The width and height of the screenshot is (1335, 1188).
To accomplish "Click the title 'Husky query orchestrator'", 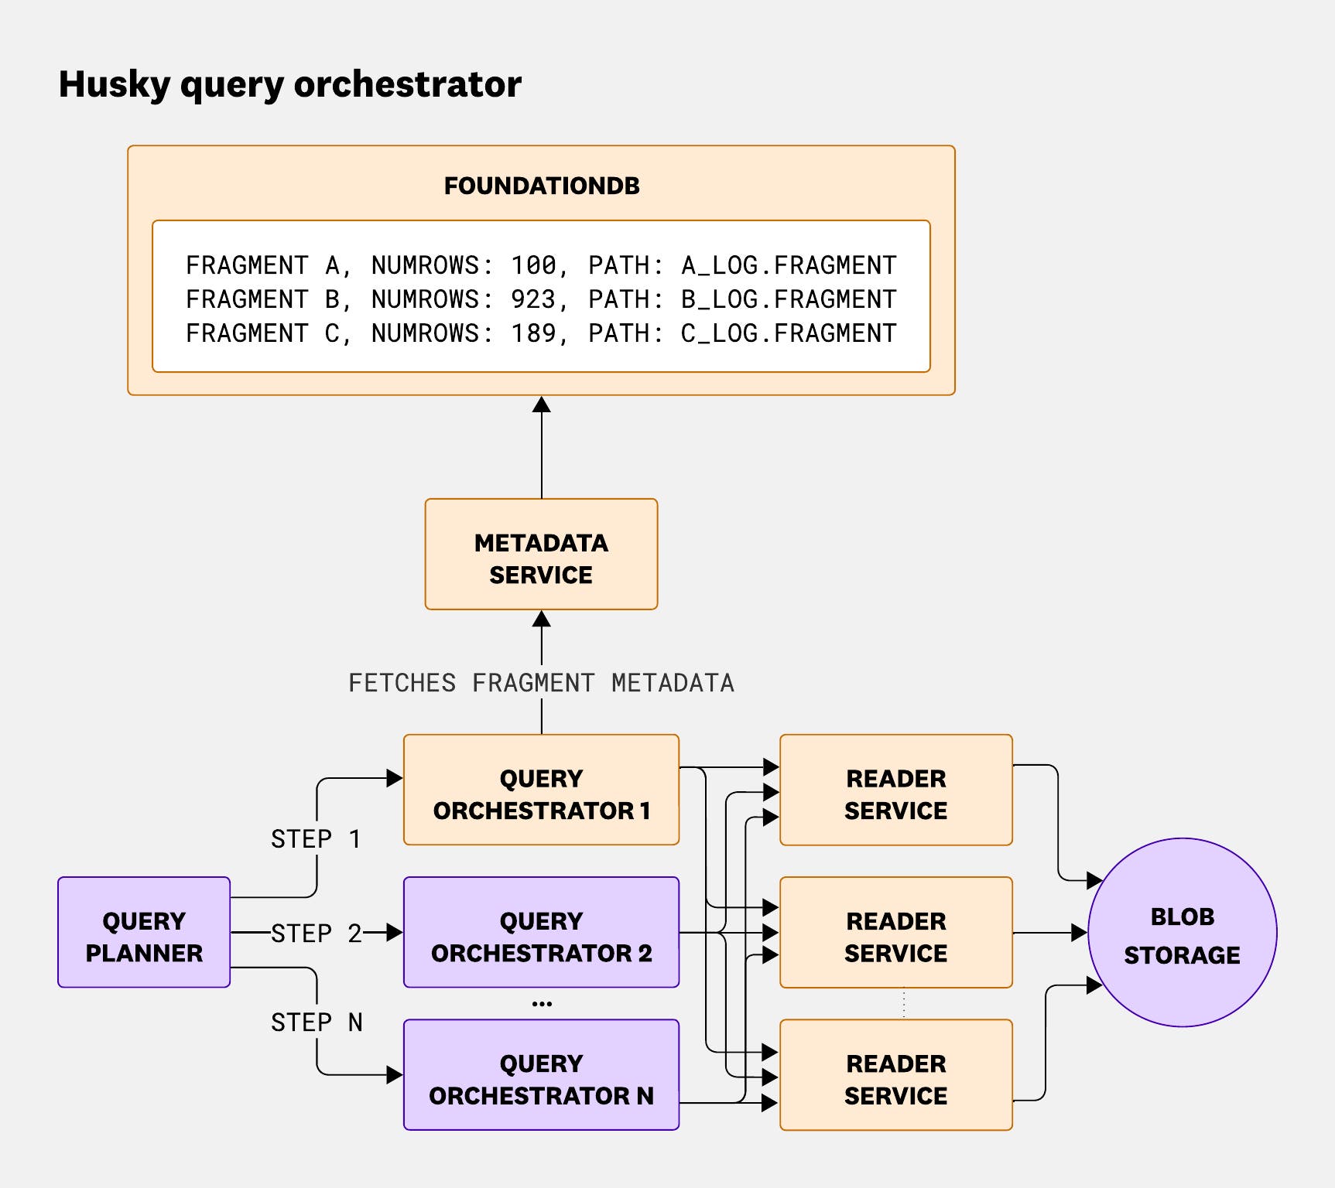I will click(x=289, y=84).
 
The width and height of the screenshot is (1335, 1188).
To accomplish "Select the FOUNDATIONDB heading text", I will click(x=541, y=186).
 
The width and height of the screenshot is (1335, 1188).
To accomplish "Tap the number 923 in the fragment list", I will click(x=533, y=299).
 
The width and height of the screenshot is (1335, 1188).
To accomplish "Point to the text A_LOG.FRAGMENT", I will click(x=788, y=265).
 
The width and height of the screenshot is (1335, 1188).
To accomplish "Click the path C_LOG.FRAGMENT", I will click(x=788, y=333).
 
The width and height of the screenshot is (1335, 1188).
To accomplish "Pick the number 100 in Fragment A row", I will click(x=533, y=265).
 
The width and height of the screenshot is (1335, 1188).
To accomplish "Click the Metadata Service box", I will click(x=541, y=555).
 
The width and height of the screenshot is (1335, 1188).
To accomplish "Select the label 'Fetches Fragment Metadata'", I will click(x=541, y=683).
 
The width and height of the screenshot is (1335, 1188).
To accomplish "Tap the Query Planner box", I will click(x=144, y=932).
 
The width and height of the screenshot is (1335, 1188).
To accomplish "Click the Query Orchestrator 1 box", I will click(x=541, y=790).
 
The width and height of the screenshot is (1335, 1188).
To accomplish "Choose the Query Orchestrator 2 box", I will click(x=541, y=932).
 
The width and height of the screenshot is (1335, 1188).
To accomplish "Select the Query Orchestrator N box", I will click(x=541, y=1075).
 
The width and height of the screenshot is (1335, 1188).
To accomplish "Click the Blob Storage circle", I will click(x=1182, y=933).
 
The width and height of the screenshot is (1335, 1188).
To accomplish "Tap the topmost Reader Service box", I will click(x=895, y=790).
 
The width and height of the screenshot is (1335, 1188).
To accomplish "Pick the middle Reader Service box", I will click(x=895, y=932).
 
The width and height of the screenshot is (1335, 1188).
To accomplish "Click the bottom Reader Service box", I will click(x=895, y=1075).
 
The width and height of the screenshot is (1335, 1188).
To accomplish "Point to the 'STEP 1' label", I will click(x=316, y=839).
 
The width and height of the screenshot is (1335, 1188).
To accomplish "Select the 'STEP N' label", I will click(x=316, y=1022).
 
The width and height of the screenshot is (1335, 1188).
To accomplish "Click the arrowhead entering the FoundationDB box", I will click(x=542, y=405).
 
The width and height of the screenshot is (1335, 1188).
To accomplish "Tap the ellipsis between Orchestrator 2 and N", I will click(x=542, y=1004).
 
